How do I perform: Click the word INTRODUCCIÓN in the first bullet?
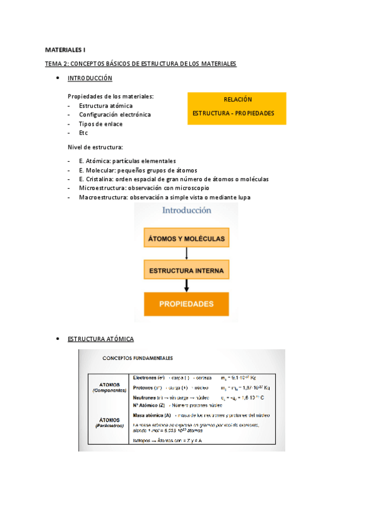(90, 78)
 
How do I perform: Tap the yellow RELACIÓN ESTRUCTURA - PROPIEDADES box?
(237, 108)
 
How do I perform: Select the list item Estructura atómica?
(105, 106)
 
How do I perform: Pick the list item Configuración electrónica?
(115, 115)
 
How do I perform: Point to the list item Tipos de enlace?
(100, 124)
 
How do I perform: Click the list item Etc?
(83, 133)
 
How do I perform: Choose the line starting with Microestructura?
(144, 187)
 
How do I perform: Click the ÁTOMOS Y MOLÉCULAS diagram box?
(187, 238)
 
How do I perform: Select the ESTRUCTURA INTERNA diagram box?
(187, 271)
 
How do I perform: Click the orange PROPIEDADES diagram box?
(187, 304)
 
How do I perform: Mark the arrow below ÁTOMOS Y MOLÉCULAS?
(187, 253)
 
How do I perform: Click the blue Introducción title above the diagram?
(186, 210)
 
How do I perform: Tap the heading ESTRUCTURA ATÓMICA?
(100, 339)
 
